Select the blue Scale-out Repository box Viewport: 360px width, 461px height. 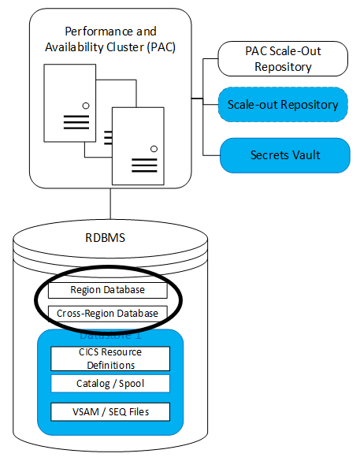coord(284,104)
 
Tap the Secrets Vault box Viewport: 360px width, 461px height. coord(284,155)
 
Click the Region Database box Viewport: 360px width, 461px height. coord(107,291)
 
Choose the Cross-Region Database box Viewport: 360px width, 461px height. coord(107,313)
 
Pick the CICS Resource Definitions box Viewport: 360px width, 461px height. coord(110,359)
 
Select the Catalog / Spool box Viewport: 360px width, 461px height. coord(110,384)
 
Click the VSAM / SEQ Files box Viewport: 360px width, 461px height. coord(110,411)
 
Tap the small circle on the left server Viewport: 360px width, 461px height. coord(85,105)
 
